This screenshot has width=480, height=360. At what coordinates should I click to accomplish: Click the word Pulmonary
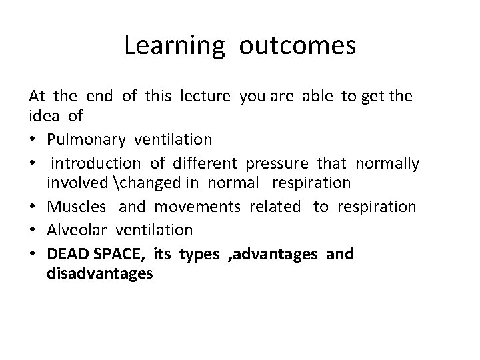click(87, 139)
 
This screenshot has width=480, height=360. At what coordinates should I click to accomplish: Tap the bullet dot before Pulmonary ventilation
click(33, 139)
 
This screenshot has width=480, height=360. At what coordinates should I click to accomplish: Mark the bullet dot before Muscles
click(33, 207)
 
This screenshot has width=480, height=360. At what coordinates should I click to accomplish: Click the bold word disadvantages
click(100, 273)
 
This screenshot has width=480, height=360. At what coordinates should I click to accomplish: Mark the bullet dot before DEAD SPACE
click(33, 253)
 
